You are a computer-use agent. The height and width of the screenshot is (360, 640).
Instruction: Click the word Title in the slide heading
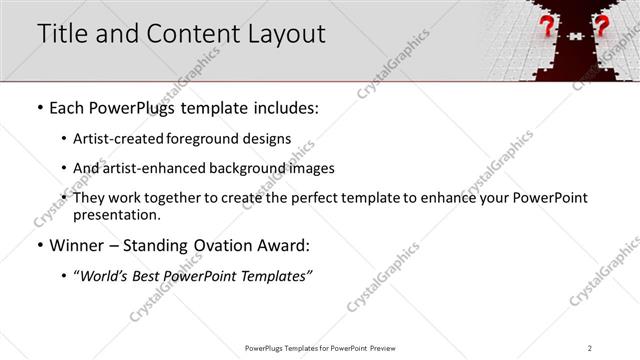click(63, 33)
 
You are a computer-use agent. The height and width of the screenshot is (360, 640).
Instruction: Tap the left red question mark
click(548, 27)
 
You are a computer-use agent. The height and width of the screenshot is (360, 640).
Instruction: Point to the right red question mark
click(601, 27)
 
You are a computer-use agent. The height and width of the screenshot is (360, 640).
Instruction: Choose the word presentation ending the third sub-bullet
click(117, 214)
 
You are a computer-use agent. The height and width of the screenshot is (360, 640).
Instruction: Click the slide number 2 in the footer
click(590, 347)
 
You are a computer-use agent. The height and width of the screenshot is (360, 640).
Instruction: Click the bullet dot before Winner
click(38, 246)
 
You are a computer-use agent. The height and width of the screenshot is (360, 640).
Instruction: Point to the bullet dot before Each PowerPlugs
click(38, 107)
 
